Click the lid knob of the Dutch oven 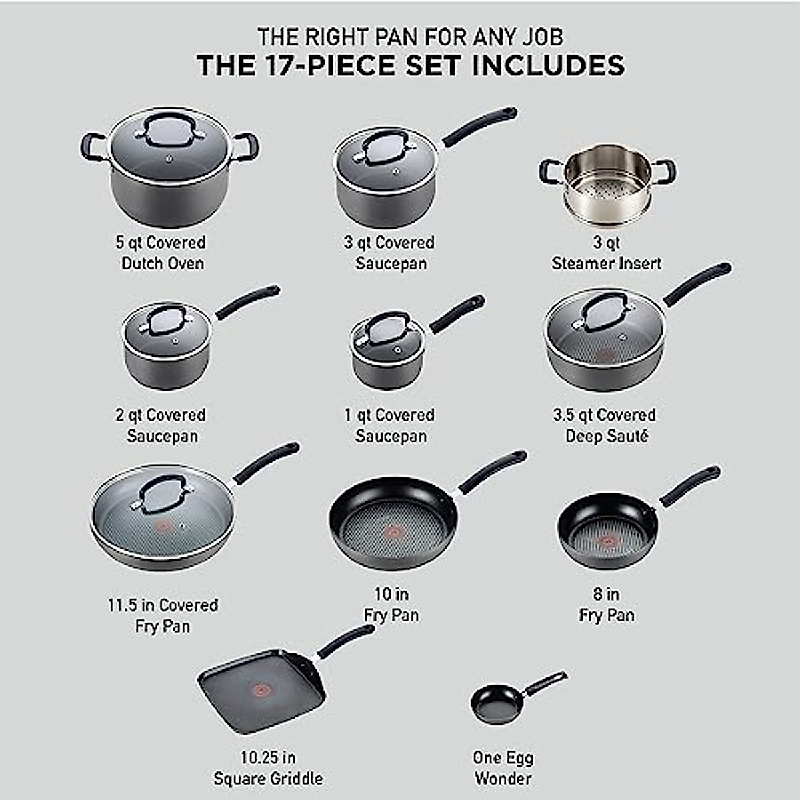coord(169,131)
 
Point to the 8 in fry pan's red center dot coord(607,541)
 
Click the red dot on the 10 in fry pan coord(393,531)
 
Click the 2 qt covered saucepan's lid coord(167,327)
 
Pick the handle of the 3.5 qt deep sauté coord(697,283)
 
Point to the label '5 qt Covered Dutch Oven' coord(162,253)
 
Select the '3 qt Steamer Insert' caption coord(606,253)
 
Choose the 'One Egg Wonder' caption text coord(503,767)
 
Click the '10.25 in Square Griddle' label coord(268,767)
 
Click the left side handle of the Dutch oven coord(91,147)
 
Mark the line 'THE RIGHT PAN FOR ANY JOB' coord(410,36)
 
